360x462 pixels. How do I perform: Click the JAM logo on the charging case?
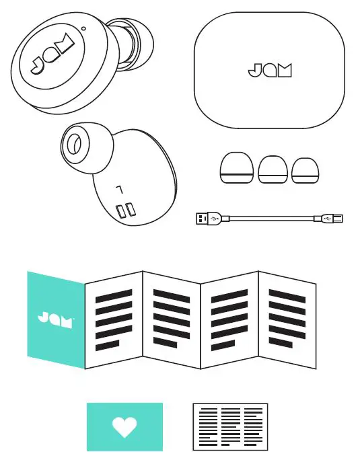[269, 70]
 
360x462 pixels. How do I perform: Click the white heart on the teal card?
[124, 427]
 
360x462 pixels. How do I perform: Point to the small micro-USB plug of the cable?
[333, 219]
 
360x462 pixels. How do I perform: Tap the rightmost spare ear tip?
[306, 169]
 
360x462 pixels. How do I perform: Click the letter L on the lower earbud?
[120, 190]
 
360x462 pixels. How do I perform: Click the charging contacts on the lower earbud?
[123, 211]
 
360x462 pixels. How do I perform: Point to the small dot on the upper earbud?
[83, 28]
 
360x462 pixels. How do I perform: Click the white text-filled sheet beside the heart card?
[230, 426]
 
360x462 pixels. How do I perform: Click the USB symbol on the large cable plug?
[214, 219]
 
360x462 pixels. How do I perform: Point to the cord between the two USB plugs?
[269, 219]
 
